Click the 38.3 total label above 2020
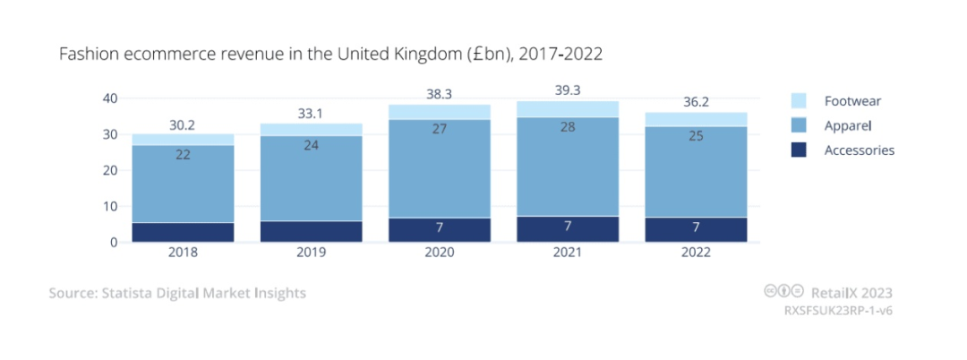pyautogui.click(x=439, y=92)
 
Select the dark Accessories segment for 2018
pyautogui.click(x=184, y=232)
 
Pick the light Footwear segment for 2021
pyautogui.click(x=568, y=108)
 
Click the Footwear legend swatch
pyautogui.click(x=799, y=101)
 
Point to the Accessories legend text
pyautogui.click(x=860, y=150)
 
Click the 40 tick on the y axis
pyautogui.click(x=111, y=99)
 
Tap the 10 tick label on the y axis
pyautogui.click(x=111, y=206)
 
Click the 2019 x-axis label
pyautogui.click(x=311, y=253)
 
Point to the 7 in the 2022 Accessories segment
pyautogui.click(x=696, y=228)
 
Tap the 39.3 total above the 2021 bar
pyautogui.click(x=567, y=90)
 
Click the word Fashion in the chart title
pyautogui.click(x=87, y=55)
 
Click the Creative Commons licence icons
pyautogui.click(x=783, y=291)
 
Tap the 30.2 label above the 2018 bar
pyautogui.click(x=184, y=126)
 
